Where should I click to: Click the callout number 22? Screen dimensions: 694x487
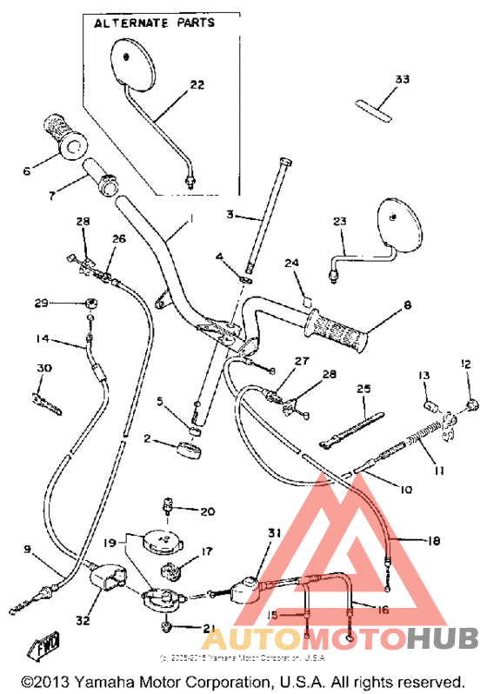click(197, 84)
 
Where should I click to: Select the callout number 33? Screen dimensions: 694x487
click(401, 79)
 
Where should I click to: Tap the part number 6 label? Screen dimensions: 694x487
click(26, 171)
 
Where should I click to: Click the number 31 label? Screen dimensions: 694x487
click(275, 533)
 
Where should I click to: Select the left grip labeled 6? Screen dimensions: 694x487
click(66, 134)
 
